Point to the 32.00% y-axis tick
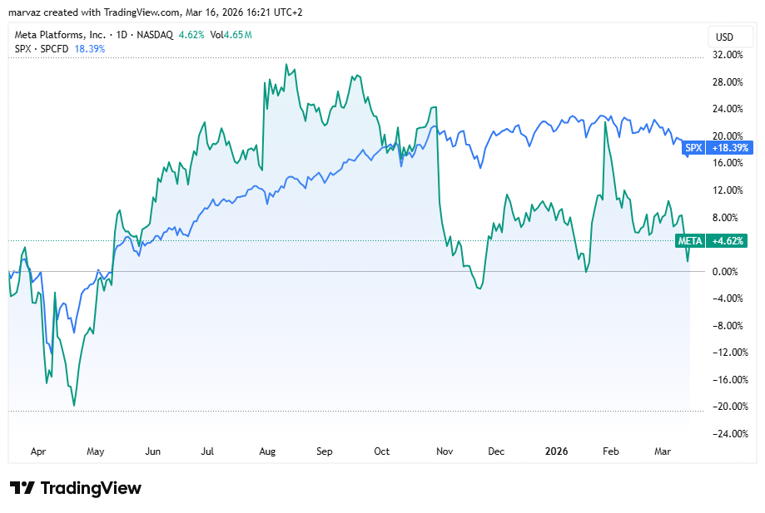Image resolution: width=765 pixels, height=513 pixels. point(729,55)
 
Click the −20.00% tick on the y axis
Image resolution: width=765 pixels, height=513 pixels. point(728,407)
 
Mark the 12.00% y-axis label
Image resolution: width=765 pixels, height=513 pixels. point(729,190)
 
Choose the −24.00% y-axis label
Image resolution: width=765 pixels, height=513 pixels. point(728,433)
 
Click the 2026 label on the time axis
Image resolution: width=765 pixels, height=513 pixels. point(556,451)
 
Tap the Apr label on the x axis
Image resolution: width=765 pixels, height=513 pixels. point(37,451)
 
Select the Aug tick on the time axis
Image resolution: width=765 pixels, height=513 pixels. point(267,451)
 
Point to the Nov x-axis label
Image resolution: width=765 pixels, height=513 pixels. point(444,451)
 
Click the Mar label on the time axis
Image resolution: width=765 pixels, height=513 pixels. point(663,451)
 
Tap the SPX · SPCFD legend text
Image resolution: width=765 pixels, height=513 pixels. point(42,49)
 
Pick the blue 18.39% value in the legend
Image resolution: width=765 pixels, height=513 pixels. point(90,49)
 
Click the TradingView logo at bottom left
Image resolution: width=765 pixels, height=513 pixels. point(75,488)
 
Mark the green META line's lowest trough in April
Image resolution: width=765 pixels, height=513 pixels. point(74,406)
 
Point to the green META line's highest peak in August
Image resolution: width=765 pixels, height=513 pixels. point(286,64)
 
